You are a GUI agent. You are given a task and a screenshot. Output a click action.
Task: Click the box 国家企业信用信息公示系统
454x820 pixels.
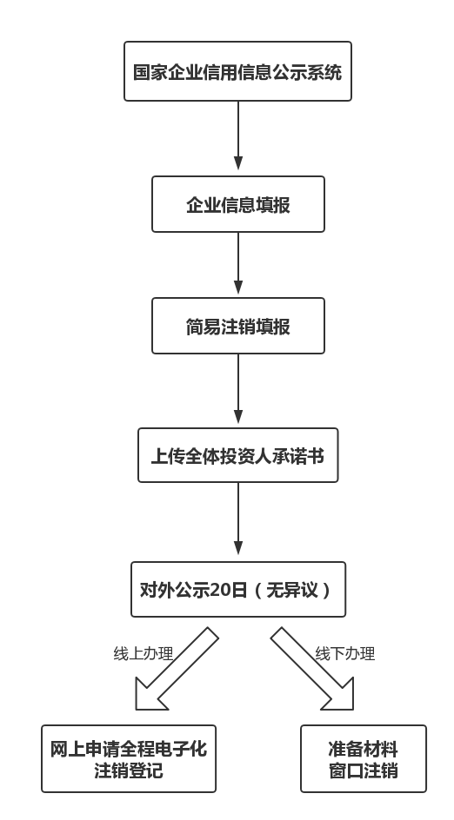click(237, 71)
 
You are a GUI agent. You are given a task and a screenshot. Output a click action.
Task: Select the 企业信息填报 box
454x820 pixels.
click(237, 205)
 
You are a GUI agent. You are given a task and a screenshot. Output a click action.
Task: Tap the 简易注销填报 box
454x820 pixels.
click(237, 327)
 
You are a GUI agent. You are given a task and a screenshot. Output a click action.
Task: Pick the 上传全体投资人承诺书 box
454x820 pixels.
click(237, 454)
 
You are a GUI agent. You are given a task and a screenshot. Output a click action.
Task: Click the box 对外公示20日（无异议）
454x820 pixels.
click(237, 590)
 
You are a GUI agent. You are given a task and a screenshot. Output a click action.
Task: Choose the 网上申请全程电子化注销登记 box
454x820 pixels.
click(129, 758)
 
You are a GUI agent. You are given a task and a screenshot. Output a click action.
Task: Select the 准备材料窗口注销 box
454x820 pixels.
click(364, 758)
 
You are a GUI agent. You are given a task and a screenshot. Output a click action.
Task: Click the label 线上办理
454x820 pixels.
click(144, 654)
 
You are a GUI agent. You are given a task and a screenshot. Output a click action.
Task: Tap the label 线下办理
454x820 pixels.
click(344, 654)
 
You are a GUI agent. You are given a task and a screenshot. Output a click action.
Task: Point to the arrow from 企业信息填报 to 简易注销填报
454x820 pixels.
click(238, 264)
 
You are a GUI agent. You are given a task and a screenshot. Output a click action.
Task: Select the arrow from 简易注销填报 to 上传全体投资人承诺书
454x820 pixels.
click(238, 390)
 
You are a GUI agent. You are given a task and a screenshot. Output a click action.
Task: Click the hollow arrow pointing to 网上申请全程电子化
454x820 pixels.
click(174, 669)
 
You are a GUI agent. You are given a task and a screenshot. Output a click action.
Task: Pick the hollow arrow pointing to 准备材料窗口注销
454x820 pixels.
click(313, 669)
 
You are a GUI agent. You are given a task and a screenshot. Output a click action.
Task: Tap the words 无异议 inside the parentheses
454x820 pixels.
click(293, 590)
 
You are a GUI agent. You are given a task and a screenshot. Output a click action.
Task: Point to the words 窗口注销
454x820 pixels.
click(364, 770)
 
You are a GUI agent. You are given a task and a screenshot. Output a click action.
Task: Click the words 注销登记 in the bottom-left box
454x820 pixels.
click(129, 770)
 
